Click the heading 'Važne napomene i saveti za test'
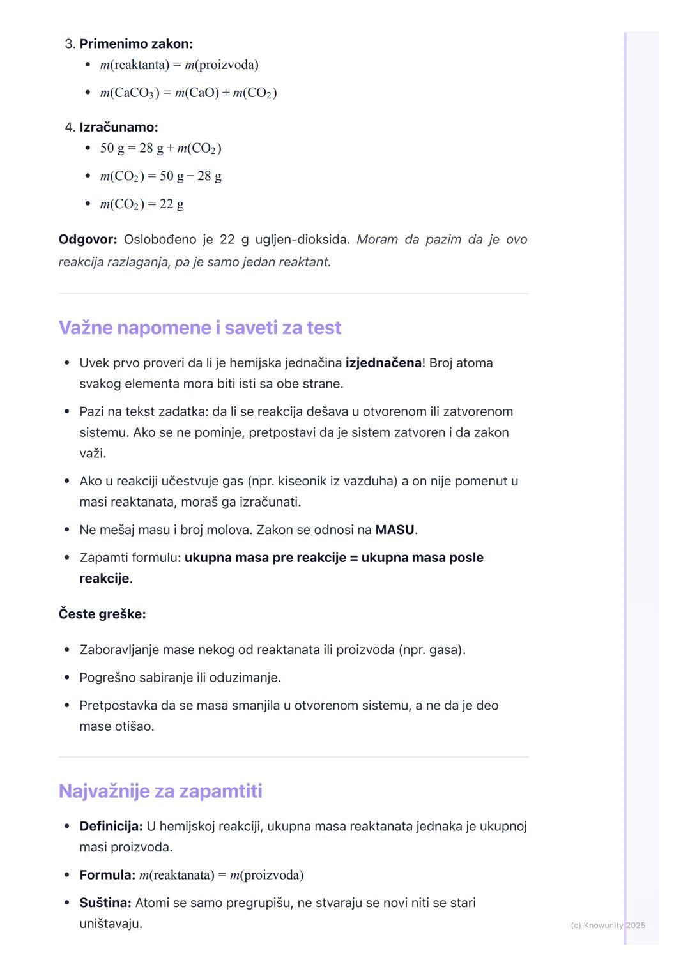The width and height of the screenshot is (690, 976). [200, 328]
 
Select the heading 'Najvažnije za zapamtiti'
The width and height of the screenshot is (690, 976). [160, 791]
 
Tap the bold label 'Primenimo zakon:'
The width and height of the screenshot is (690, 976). [136, 44]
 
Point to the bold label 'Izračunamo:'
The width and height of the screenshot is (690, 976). [119, 127]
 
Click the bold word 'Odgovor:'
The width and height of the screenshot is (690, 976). [88, 240]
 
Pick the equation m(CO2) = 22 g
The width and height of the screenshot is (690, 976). [142, 204]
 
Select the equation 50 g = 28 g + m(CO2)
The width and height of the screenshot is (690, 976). [161, 148]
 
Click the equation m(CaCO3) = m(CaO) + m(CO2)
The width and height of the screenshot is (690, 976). [188, 93]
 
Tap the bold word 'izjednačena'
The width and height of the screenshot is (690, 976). [383, 363]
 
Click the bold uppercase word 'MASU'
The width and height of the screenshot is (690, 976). [395, 530]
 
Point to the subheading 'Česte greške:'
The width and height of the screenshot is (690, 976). [102, 614]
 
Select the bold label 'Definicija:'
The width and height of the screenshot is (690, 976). [111, 826]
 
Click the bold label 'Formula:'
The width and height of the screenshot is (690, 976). [107, 875]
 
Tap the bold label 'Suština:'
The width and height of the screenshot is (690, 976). [105, 903]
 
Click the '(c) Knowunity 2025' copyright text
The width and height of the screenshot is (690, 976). [608, 925]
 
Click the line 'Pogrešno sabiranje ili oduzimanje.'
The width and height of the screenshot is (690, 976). [180, 678]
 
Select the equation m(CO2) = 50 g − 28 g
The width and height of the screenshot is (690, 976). [161, 176]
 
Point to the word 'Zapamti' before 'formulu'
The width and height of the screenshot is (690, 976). [103, 558]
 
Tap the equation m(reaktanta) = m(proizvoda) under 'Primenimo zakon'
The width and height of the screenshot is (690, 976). [180, 65]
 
